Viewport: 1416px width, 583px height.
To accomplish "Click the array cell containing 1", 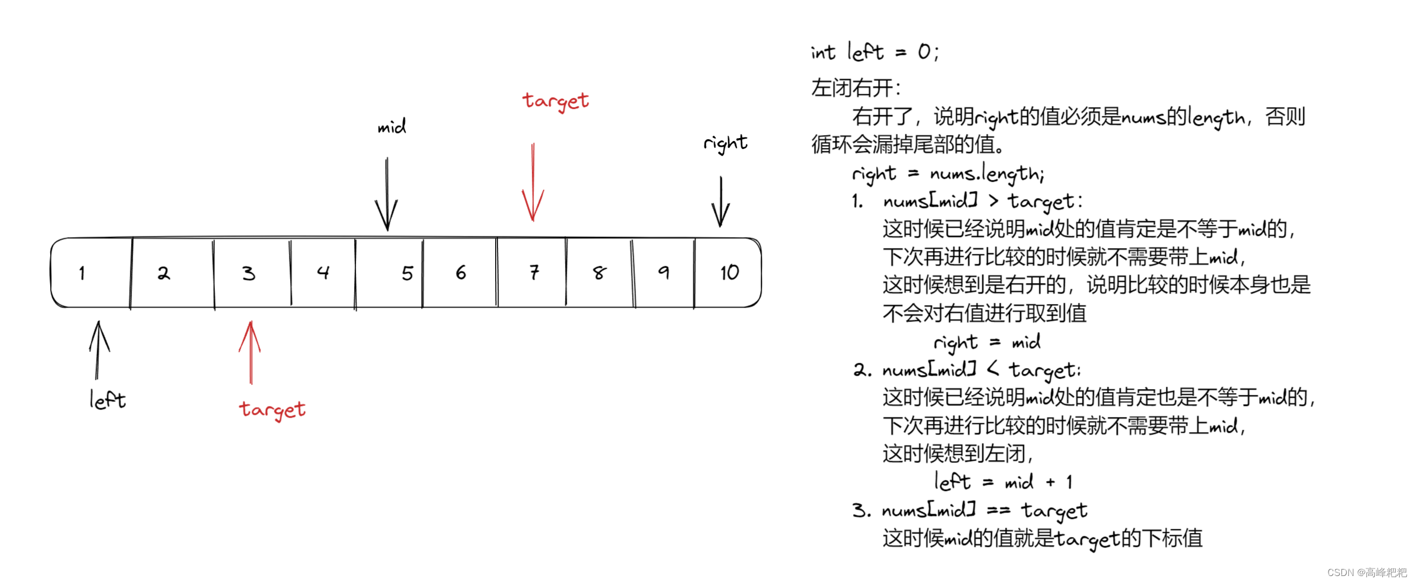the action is point(91,273).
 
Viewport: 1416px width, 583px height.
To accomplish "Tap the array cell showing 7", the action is point(531,273).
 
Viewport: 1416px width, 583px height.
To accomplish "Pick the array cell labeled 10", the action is point(728,273).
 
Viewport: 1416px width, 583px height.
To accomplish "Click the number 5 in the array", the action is point(407,273).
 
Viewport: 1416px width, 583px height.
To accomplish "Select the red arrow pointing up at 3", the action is point(250,352).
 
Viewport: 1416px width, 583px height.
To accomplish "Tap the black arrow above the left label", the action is point(98,350).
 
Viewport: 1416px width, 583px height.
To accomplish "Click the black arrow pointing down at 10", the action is point(721,202).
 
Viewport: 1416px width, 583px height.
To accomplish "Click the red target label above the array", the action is point(556,101).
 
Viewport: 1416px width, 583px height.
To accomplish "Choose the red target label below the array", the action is point(272,409).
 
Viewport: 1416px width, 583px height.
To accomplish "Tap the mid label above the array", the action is point(391,126).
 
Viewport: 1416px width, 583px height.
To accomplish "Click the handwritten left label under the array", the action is point(107,400).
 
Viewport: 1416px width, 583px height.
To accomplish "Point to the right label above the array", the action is point(725,143).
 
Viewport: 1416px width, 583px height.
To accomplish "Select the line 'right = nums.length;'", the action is point(948,174).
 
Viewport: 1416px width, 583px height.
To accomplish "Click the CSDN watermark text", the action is point(1366,573).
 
